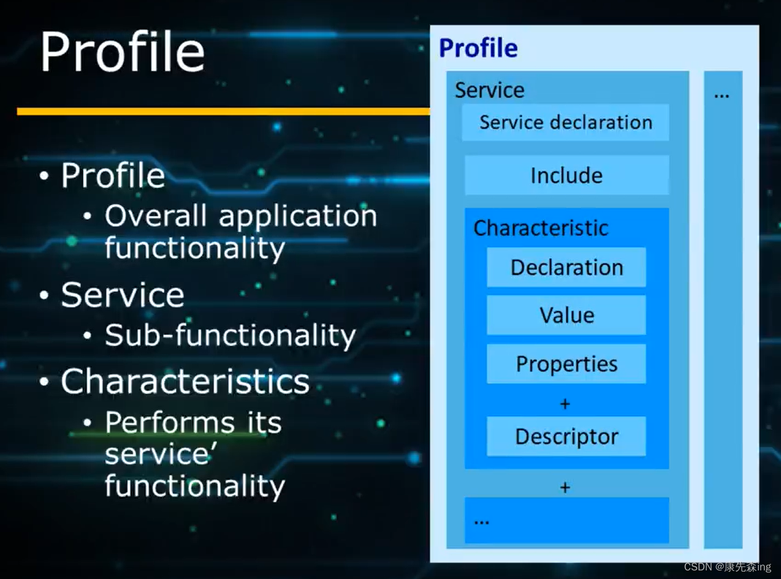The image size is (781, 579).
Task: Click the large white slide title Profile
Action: click(122, 53)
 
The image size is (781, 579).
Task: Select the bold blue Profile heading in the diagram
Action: click(478, 48)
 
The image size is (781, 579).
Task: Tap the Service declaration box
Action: click(565, 123)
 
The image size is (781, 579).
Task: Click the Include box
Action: click(566, 176)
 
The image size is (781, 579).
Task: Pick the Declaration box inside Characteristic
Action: click(566, 268)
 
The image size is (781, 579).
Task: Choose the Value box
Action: click(566, 316)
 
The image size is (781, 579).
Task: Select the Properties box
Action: click(566, 364)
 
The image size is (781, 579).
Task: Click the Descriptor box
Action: click(566, 436)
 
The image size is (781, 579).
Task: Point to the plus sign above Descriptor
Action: click(565, 404)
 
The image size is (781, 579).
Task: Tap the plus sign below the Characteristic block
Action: click(565, 488)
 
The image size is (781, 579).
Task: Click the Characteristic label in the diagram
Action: click(541, 228)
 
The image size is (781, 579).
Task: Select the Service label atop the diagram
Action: click(489, 90)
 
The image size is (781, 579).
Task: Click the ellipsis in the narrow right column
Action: click(722, 94)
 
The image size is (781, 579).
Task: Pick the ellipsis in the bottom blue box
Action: click(482, 521)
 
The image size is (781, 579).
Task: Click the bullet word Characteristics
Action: click(185, 382)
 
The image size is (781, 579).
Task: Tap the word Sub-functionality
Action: click(230, 335)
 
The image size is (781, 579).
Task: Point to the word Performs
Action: click(169, 423)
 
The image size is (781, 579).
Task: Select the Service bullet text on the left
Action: click(123, 295)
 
